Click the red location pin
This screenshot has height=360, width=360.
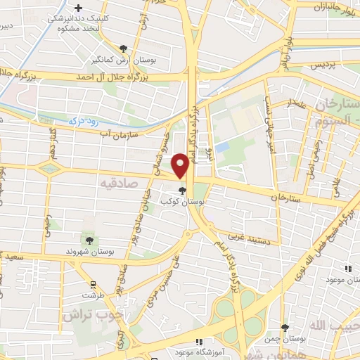(181, 167)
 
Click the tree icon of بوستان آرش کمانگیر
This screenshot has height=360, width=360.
(124, 49)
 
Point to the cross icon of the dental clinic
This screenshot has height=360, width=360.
(77, 7)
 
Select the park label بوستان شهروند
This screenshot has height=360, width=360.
(84, 250)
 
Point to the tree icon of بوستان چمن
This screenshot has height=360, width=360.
(285, 328)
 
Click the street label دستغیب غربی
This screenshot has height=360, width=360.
(259, 238)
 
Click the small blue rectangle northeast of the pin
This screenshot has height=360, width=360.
(222, 148)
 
